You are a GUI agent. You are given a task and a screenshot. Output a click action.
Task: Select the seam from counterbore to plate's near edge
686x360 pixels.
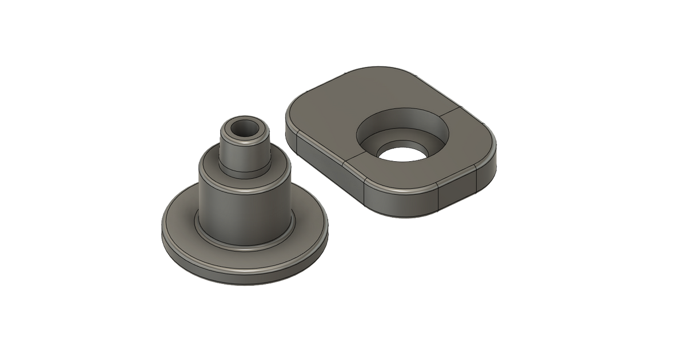354,160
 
